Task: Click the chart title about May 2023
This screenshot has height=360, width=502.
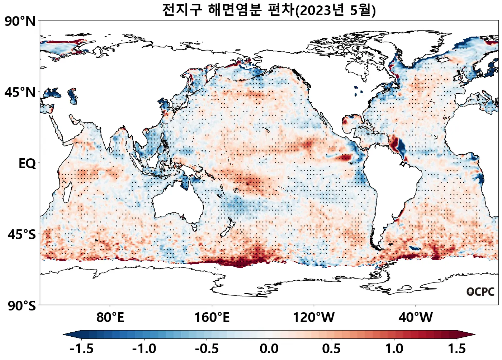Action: coord(269,10)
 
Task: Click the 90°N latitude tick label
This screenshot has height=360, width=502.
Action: coord(20,22)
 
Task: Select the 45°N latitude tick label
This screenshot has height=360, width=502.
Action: coord(20,93)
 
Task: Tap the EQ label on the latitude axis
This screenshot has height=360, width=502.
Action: coord(27,164)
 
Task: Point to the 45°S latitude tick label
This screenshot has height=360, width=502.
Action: coord(22,235)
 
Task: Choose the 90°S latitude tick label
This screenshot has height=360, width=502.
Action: coord(22,306)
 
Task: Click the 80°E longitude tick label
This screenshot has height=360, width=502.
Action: coord(110,318)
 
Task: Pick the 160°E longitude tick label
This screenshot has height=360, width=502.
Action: coord(212,318)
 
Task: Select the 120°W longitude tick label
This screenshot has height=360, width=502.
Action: coord(314,318)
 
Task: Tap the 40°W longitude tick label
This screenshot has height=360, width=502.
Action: coord(416,318)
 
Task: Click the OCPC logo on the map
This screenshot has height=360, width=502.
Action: coord(480,292)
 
